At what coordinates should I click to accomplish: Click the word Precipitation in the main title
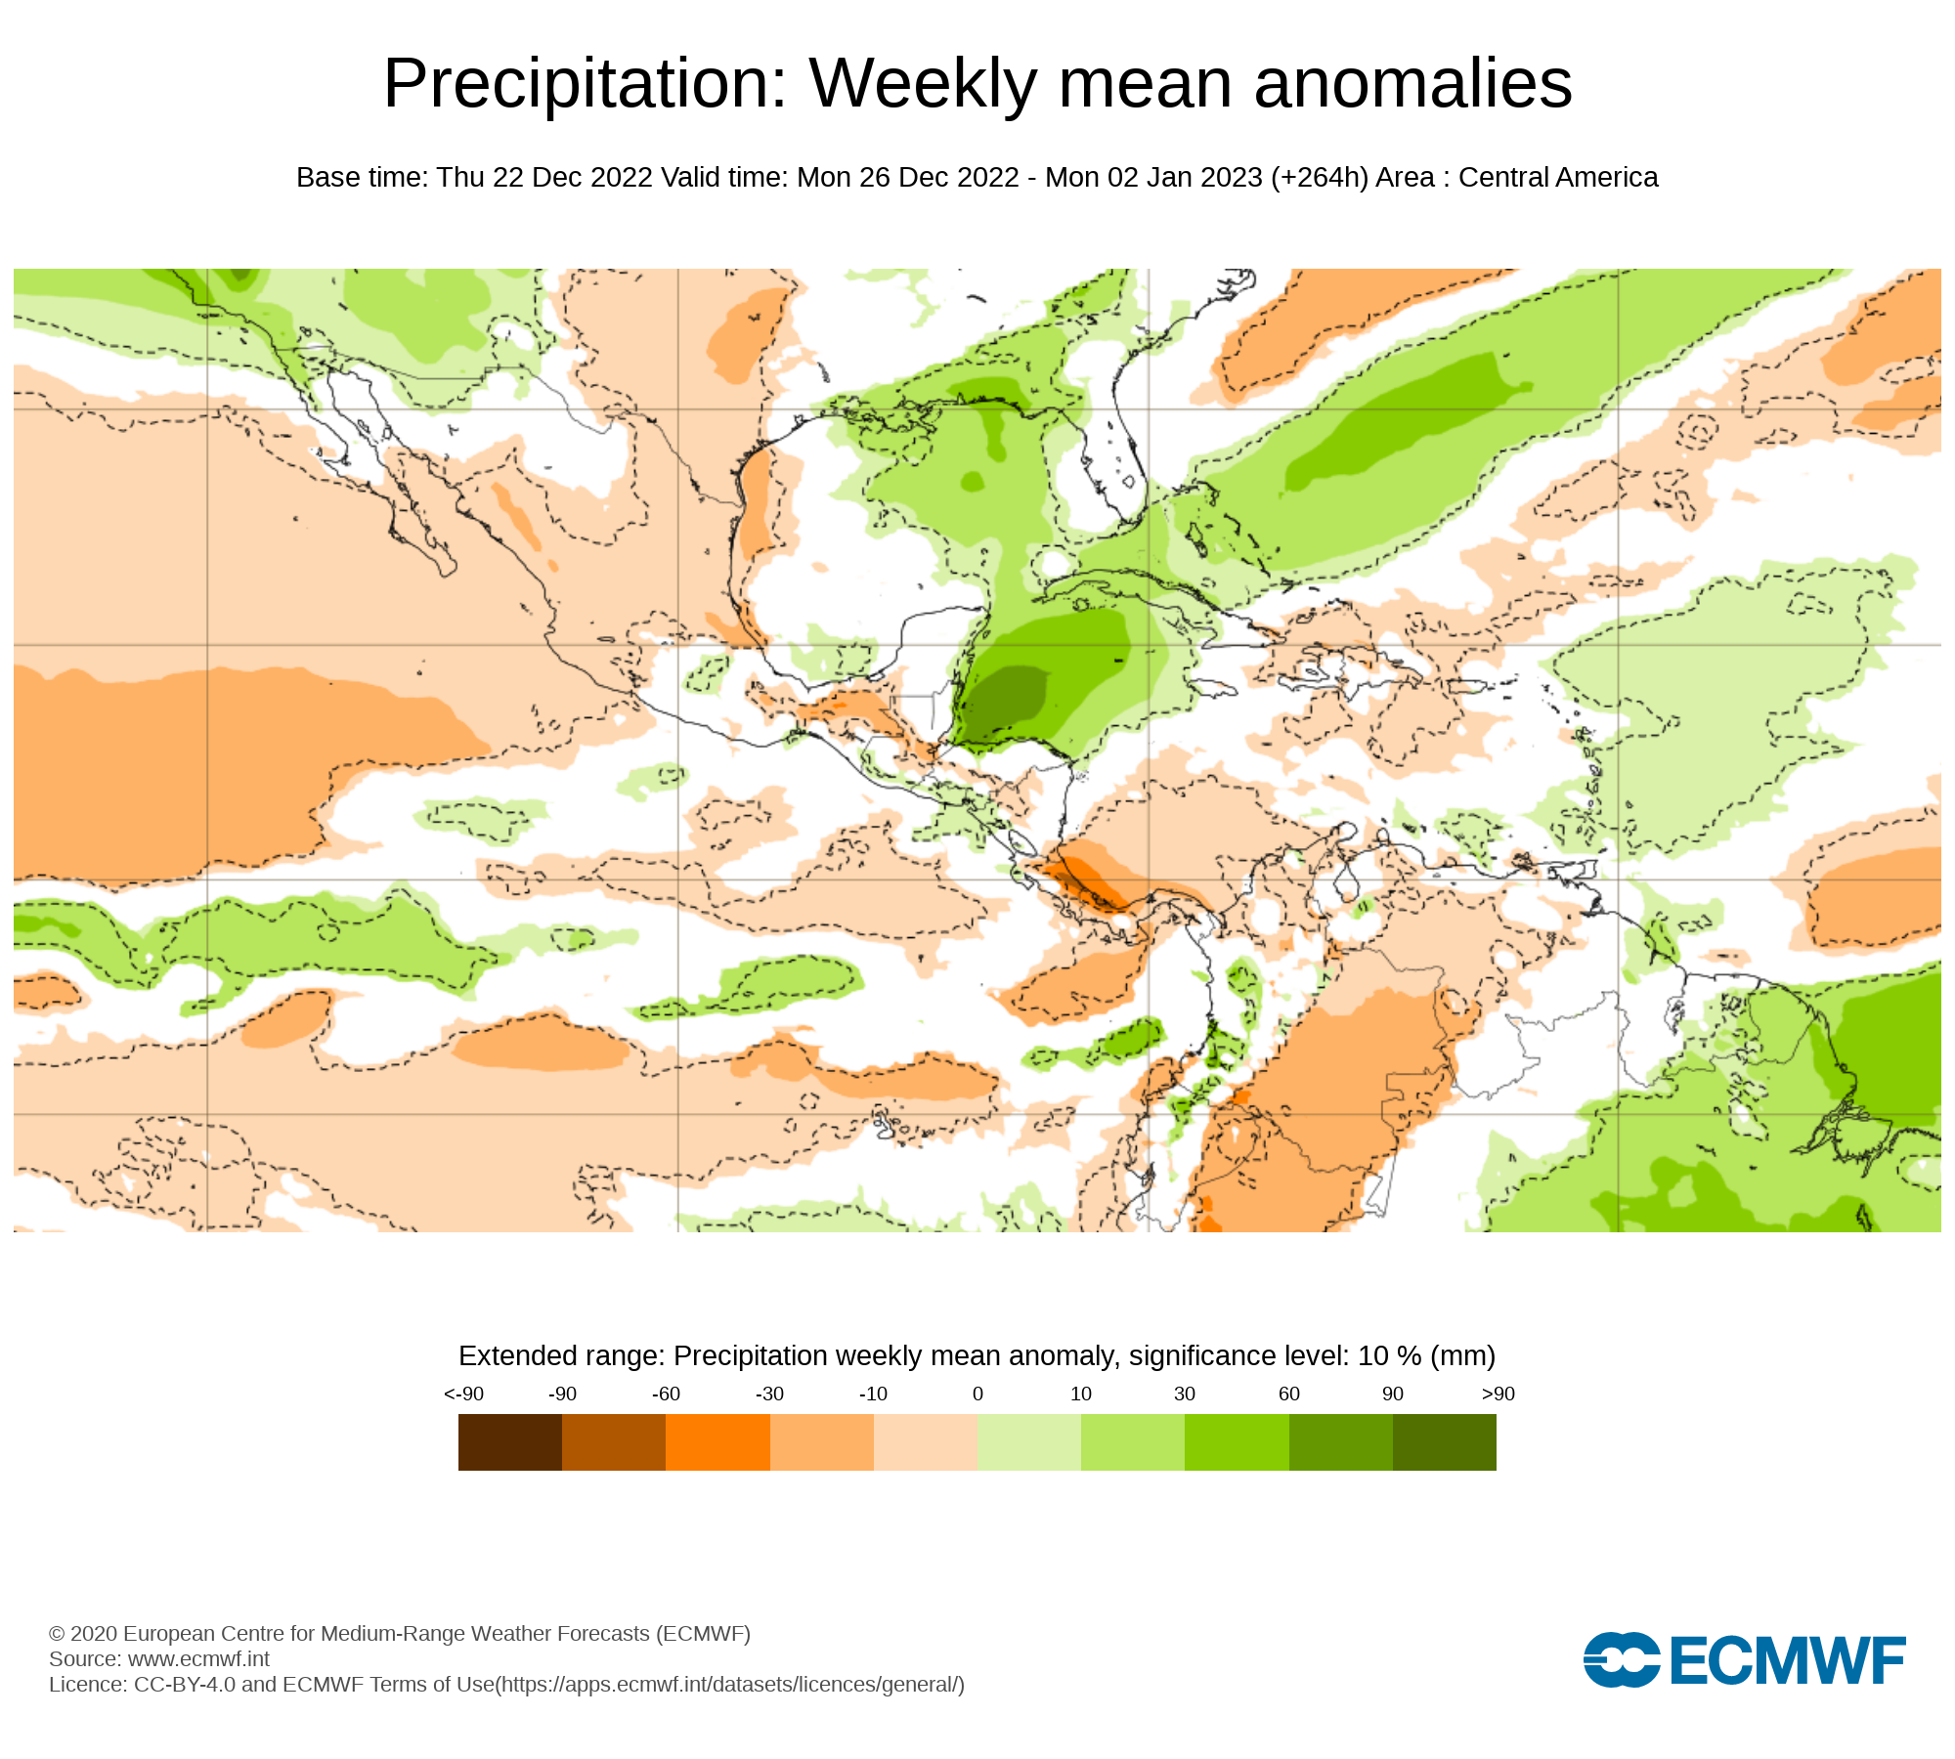point(585,84)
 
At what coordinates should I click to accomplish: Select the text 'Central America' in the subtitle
point(1558,178)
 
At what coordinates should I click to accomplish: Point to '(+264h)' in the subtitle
point(1320,178)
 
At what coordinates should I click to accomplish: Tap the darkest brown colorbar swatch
point(510,1442)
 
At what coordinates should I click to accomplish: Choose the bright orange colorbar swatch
point(717,1442)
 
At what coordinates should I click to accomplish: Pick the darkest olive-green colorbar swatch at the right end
point(1444,1442)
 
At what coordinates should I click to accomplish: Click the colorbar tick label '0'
point(977,1394)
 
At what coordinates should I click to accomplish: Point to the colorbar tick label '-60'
point(666,1394)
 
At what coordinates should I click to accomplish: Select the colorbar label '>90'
point(1498,1394)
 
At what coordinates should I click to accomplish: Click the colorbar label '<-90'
point(463,1394)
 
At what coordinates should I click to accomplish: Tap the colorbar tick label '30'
point(1185,1394)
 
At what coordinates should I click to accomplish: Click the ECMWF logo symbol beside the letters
point(1622,1659)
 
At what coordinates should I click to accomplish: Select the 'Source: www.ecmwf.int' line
point(159,1659)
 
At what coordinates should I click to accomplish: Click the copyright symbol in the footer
point(57,1634)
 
